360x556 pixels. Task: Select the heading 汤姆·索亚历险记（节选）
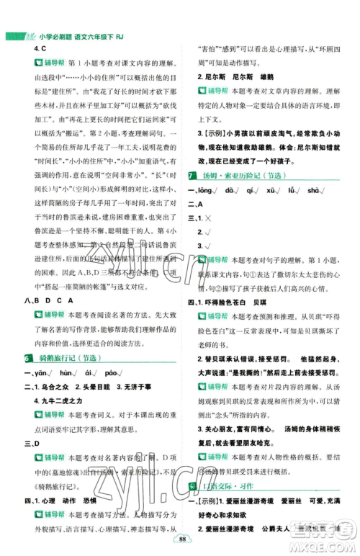pyautogui.click(x=242, y=176)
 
